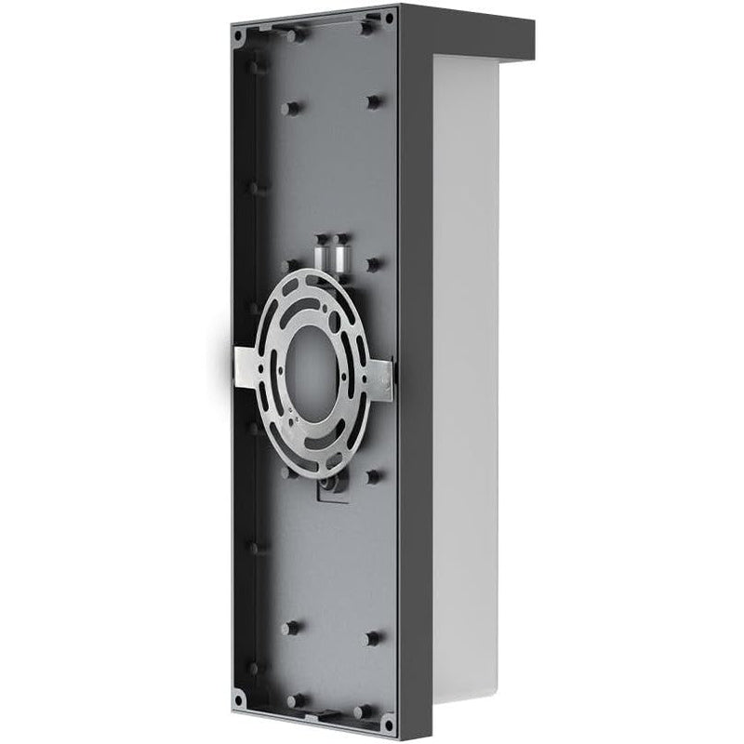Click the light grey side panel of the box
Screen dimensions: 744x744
(465, 372)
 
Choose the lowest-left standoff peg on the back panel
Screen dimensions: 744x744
(290, 628)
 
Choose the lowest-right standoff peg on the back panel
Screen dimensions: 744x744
(373, 638)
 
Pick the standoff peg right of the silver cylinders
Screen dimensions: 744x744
(373, 264)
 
